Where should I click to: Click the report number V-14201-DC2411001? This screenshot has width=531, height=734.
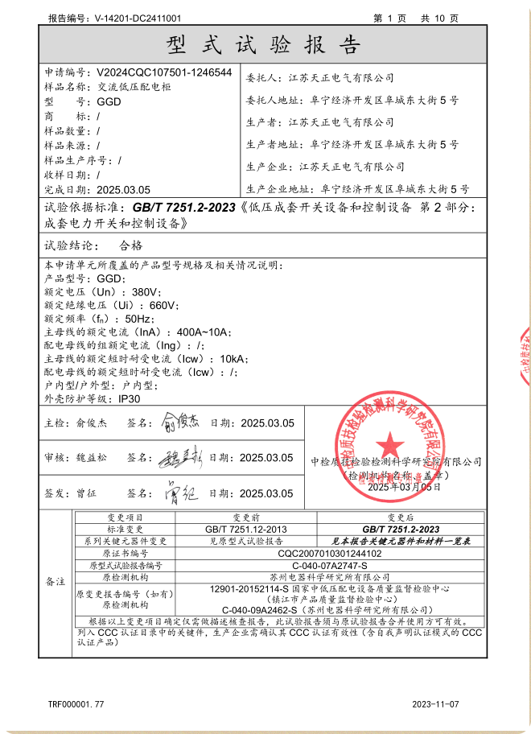[137, 17]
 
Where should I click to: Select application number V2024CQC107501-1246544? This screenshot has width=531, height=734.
[164, 72]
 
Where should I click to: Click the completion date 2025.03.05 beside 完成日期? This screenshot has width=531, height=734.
[123, 190]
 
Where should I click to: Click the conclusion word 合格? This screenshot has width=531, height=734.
[130, 245]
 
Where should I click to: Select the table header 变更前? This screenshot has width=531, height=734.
[245, 518]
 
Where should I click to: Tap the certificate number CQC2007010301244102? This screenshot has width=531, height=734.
[329, 554]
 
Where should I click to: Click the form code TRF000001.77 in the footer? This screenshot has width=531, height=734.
[76, 704]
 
